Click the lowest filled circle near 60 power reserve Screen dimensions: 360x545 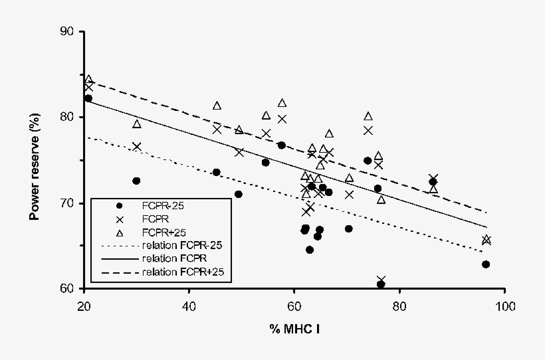click(381, 284)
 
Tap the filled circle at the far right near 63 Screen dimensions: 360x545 click(486, 264)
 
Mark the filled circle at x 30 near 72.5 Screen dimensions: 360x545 click(136, 181)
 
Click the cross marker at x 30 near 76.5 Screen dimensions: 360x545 click(136, 147)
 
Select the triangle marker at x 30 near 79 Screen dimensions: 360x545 click(136, 124)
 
